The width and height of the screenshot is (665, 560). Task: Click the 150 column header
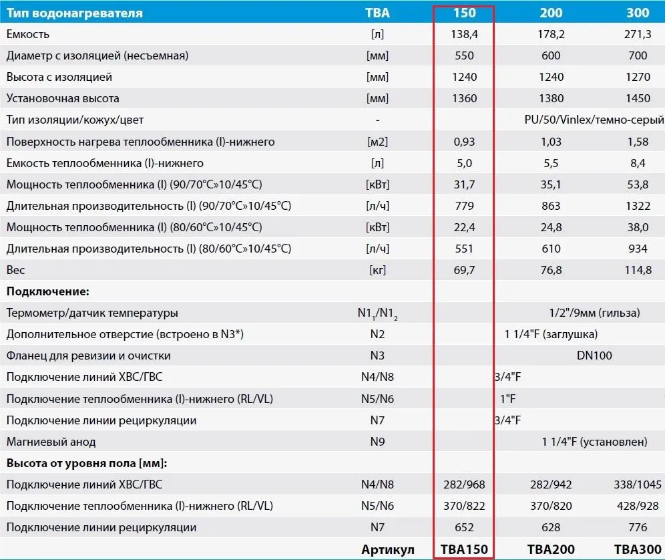(464, 13)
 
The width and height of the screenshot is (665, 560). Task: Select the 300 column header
(638, 13)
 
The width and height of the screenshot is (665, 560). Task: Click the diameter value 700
(638, 55)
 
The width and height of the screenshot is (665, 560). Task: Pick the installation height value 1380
(551, 98)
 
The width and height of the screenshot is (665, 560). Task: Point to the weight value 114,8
(638, 270)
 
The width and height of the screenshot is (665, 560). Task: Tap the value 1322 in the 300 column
(638, 206)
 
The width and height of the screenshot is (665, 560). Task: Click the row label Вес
(15, 270)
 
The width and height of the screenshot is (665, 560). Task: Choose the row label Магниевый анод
(51, 442)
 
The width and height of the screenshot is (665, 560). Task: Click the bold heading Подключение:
(48, 291)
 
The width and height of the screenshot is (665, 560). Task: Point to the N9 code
(378, 442)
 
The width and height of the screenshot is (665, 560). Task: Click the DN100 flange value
(594, 356)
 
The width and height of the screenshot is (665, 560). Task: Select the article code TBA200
(551, 549)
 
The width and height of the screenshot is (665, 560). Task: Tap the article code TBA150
(464, 549)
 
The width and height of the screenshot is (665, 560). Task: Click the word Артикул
(388, 549)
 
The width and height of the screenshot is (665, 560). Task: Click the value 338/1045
(638, 484)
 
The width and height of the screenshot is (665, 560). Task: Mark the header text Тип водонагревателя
(75, 13)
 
